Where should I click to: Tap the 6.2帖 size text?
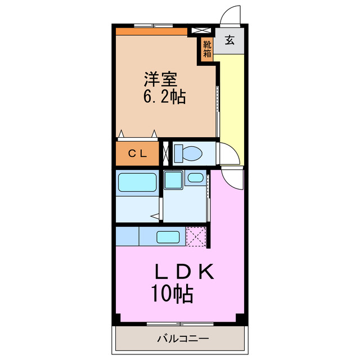[x=164, y=97]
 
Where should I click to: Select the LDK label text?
[x=185, y=273]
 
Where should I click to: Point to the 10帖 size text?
[x=172, y=293]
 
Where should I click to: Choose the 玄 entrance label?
[x=230, y=40]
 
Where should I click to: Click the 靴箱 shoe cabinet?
[x=207, y=47]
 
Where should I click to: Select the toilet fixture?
[x=188, y=152]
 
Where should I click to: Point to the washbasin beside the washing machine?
[x=195, y=178]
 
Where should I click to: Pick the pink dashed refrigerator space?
[x=197, y=236]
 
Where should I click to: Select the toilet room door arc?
[x=229, y=153]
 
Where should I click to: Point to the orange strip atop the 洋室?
[x=151, y=31]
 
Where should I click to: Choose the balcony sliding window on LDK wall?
[x=180, y=323]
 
